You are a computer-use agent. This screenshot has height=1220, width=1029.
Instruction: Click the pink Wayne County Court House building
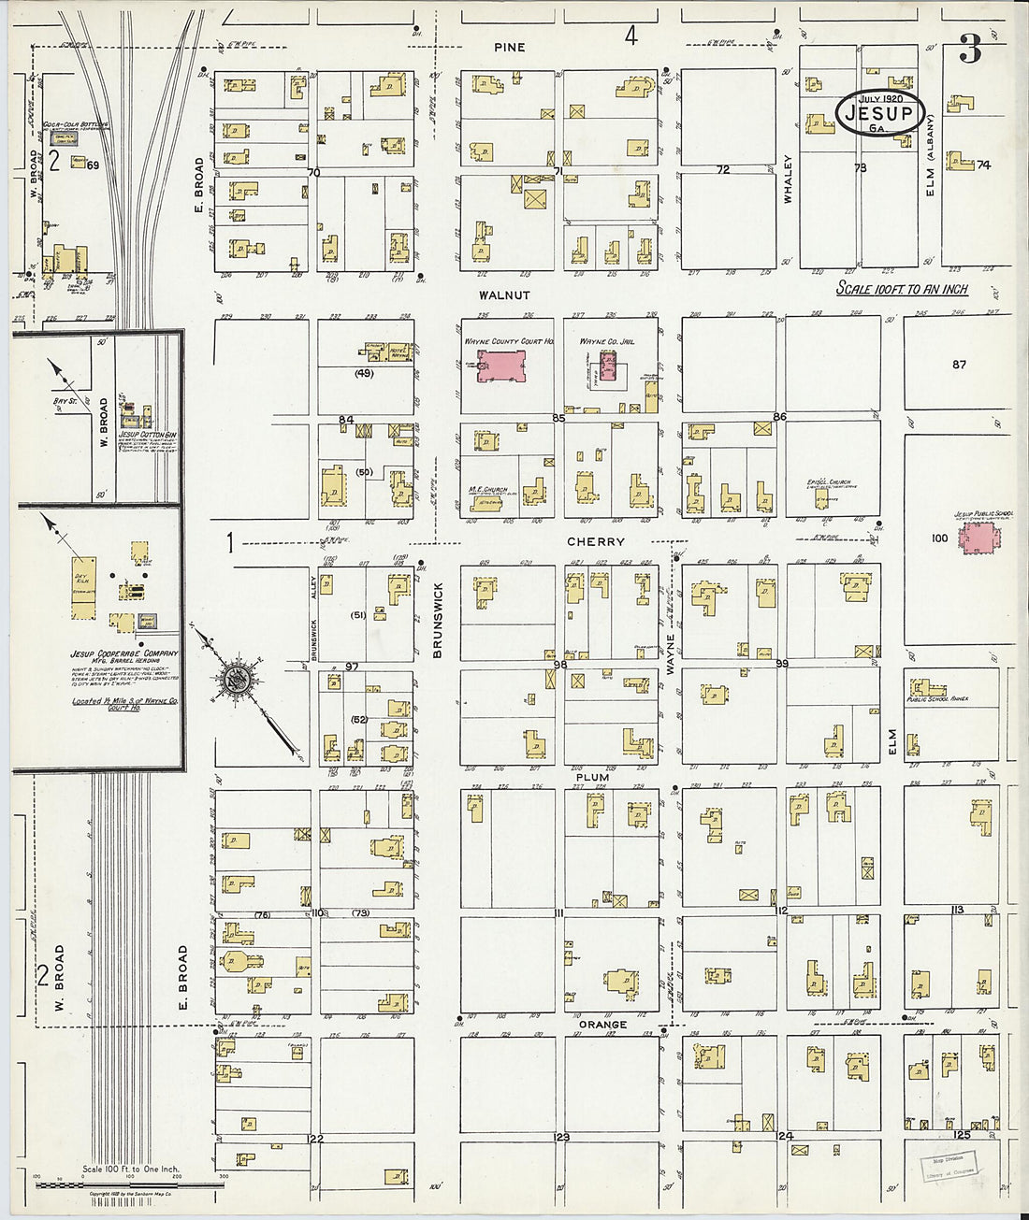pyautogui.click(x=502, y=366)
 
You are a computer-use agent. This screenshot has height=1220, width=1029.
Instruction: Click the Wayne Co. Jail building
pyautogui.click(x=609, y=370)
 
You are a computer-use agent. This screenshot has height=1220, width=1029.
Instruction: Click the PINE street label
pyautogui.click(x=510, y=47)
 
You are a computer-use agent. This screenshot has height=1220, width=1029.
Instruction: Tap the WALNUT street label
pyautogui.click(x=504, y=295)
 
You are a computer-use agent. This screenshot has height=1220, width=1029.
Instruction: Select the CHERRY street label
pyautogui.click(x=595, y=542)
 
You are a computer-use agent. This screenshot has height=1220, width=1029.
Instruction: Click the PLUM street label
pyautogui.click(x=592, y=777)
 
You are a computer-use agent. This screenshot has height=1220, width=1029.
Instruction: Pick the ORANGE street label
pyautogui.click(x=602, y=1025)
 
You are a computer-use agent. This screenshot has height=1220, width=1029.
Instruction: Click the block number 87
pyautogui.click(x=959, y=364)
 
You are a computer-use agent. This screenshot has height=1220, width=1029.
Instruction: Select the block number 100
pyautogui.click(x=939, y=538)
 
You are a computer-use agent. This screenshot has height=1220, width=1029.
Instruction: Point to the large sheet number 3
pyautogui.click(x=971, y=52)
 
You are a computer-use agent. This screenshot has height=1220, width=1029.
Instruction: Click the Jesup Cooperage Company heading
pyautogui.click(x=124, y=653)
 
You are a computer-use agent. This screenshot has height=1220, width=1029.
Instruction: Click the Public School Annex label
pyautogui.click(x=937, y=698)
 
